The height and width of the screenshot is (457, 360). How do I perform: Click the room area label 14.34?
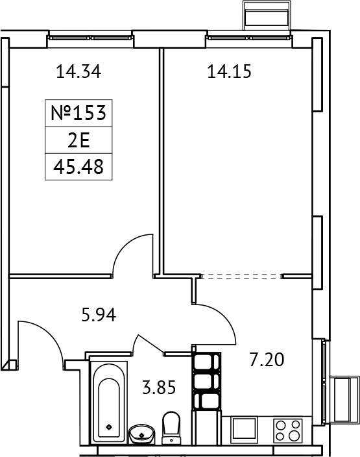click(x=80, y=72)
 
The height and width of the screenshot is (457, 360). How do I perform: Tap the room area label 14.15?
click(x=228, y=72)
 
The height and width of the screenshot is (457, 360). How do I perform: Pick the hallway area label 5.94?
click(x=99, y=317)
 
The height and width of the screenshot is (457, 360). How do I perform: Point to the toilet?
click(x=172, y=429)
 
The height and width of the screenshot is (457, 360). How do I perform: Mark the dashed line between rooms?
click(x=241, y=276)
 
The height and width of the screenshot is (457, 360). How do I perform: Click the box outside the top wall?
click(x=265, y=14)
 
